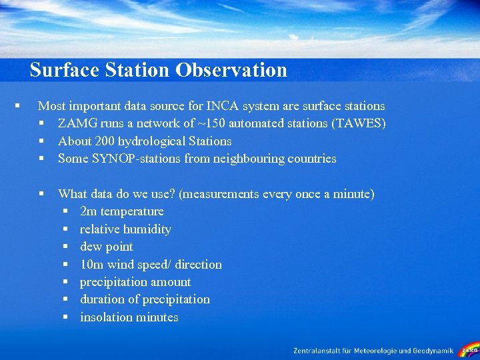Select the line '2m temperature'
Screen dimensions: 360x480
click(x=121, y=211)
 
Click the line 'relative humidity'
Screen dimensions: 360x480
click(x=125, y=229)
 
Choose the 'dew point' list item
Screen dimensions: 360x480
click(x=106, y=247)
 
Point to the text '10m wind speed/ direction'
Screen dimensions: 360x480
click(x=151, y=265)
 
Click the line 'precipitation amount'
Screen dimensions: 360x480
click(x=135, y=282)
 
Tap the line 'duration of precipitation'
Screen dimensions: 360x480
click(x=145, y=299)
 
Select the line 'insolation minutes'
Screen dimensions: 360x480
click(x=129, y=317)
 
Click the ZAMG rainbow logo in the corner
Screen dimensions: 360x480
click(x=469, y=349)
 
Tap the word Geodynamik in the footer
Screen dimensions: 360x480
click(x=433, y=351)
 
